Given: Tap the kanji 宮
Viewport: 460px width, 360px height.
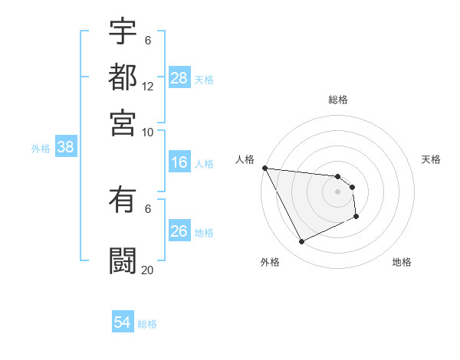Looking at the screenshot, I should [x=123, y=122].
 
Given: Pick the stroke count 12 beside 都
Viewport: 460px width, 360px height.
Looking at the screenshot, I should [x=148, y=87].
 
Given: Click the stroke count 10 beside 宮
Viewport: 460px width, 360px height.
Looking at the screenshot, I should [x=148, y=132].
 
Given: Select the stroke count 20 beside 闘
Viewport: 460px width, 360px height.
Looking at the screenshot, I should [x=148, y=270].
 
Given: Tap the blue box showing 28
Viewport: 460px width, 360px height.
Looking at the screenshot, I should [x=179, y=77].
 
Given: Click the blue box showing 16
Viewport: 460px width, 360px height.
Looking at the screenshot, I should [x=179, y=162].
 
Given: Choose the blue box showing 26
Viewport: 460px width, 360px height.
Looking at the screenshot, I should [x=179, y=231].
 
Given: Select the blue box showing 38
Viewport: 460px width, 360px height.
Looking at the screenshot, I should [x=65, y=148].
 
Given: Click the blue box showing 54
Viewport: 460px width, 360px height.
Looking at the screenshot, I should [x=123, y=322].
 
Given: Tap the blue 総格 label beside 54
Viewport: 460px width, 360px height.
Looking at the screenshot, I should [x=147, y=324].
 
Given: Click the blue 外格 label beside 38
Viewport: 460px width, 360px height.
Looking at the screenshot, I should [x=41, y=149].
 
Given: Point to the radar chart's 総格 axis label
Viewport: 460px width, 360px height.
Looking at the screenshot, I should [x=338, y=100].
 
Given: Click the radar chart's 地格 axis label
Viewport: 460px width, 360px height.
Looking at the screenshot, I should [x=402, y=262].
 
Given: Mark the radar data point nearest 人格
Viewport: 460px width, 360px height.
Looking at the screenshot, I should [x=264, y=168].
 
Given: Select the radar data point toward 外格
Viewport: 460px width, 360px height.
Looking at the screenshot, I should [x=301, y=242].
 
